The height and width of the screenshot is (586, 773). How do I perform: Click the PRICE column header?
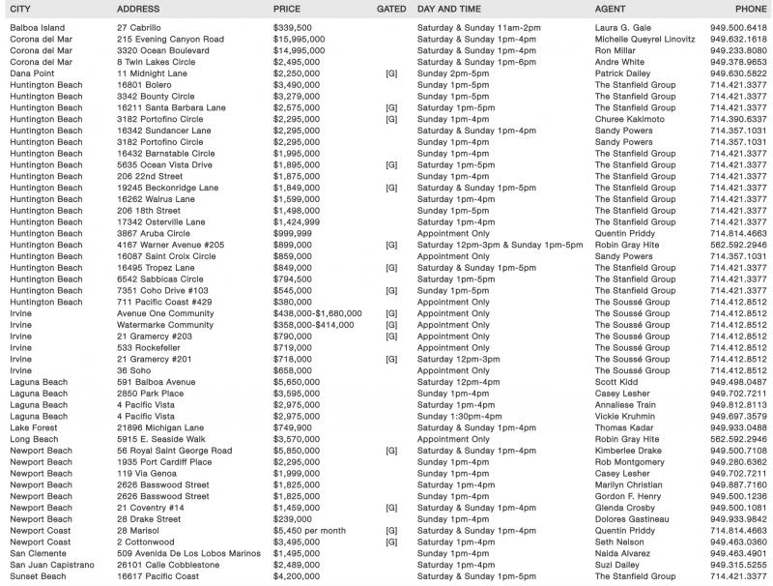pos(287,8)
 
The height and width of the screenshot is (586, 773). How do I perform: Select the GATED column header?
pos(390,8)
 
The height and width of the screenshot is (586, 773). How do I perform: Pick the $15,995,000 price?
pos(299,40)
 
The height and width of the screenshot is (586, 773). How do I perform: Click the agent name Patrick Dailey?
pos(623,73)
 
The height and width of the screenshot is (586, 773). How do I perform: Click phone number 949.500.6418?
pos(737,28)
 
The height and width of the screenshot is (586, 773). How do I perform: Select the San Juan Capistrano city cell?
pos(52,565)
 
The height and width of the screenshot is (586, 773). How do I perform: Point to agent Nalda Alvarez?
pos(625,553)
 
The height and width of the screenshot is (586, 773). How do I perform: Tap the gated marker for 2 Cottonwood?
pos(391,542)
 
